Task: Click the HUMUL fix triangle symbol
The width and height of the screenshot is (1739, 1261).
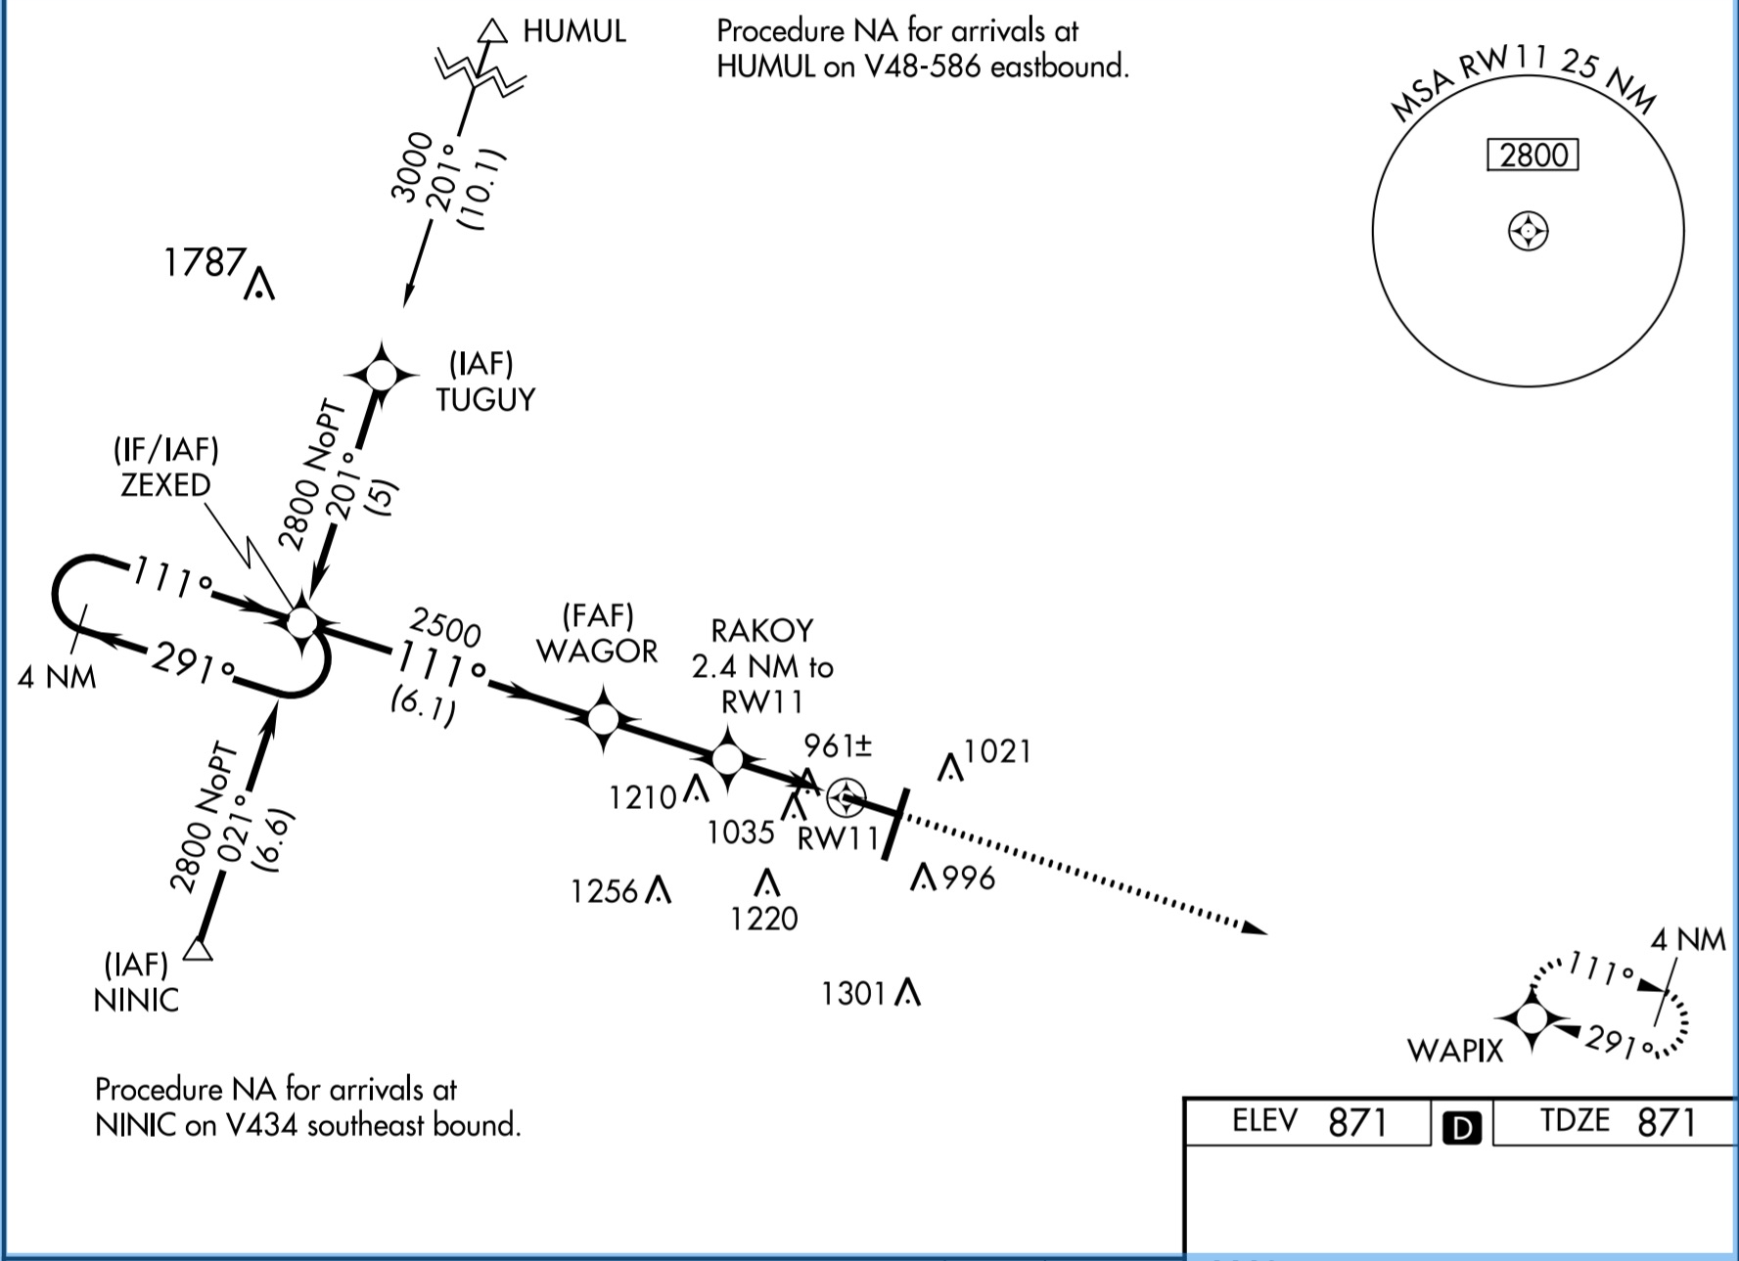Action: click(492, 32)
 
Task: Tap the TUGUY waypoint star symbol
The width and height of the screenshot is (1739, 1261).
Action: click(382, 375)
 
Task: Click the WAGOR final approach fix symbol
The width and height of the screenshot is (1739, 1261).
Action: click(604, 720)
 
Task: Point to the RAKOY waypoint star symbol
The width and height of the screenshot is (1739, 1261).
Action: click(727, 759)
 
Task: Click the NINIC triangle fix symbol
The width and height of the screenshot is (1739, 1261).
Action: click(199, 950)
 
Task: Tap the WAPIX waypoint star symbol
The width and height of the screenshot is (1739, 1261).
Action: click(1532, 1018)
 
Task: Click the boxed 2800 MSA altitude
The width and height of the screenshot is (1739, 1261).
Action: click(1533, 156)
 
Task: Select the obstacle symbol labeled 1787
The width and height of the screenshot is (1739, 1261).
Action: click(259, 284)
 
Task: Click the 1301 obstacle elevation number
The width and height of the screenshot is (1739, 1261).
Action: click(853, 994)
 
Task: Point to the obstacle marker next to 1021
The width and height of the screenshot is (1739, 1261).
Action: click(949, 768)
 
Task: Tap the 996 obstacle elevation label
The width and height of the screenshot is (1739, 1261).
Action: click(969, 878)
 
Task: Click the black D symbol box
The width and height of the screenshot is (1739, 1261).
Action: click(1461, 1128)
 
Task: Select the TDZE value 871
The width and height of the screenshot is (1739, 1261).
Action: click(1666, 1122)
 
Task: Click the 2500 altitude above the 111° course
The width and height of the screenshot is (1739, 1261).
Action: click(445, 627)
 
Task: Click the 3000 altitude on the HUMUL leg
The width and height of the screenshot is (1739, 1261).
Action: click(411, 166)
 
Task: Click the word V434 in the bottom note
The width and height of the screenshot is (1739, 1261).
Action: click(260, 1126)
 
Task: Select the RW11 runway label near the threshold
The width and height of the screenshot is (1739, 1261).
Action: click(839, 839)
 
